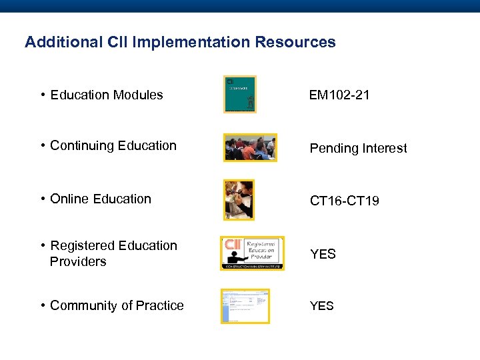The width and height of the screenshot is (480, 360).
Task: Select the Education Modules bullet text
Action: click(x=106, y=95)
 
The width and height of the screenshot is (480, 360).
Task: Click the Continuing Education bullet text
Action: click(x=113, y=145)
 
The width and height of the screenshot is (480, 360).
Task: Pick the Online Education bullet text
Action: click(x=100, y=199)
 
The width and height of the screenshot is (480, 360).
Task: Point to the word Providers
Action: click(x=78, y=261)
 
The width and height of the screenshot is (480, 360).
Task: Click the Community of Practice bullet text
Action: click(x=117, y=305)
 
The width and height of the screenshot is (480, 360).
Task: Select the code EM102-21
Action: click(x=339, y=95)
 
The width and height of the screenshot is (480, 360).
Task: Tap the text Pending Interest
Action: click(x=358, y=148)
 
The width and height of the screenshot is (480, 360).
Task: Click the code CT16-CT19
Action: click(x=344, y=201)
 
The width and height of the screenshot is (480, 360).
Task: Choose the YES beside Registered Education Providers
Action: click(x=323, y=254)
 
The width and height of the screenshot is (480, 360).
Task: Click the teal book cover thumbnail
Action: click(x=239, y=94)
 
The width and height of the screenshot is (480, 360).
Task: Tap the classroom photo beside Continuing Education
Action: click(x=250, y=147)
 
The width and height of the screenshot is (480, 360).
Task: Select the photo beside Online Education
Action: click(x=239, y=199)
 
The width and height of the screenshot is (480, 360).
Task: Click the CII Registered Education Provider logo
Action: click(x=252, y=253)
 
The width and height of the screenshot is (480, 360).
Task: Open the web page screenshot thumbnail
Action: click(x=245, y=306)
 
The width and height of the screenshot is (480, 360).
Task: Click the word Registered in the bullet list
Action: click(x=80, y=245)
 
